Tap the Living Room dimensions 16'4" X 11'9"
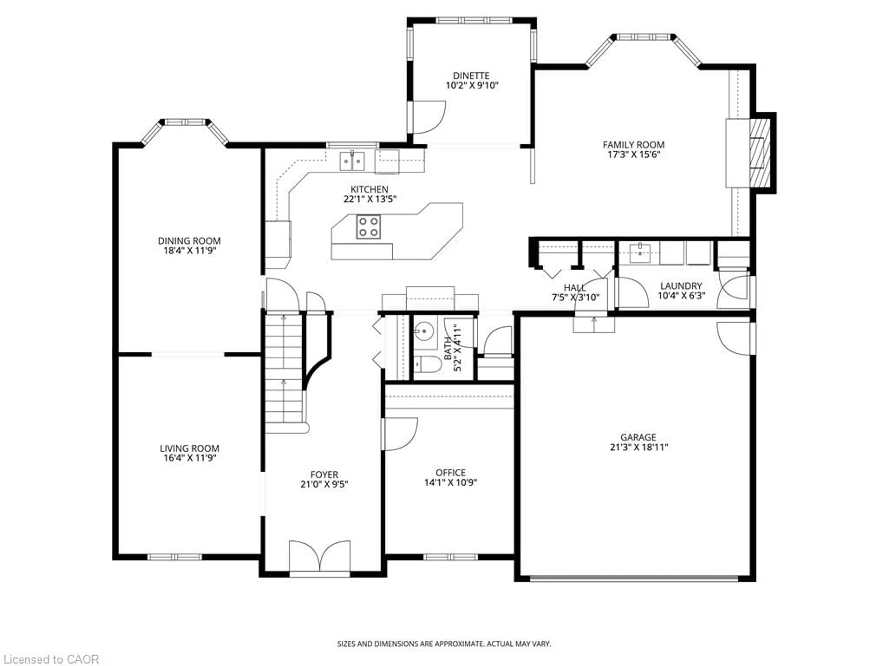point(189,458)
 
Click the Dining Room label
point(189,241)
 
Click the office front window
point(450,557)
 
